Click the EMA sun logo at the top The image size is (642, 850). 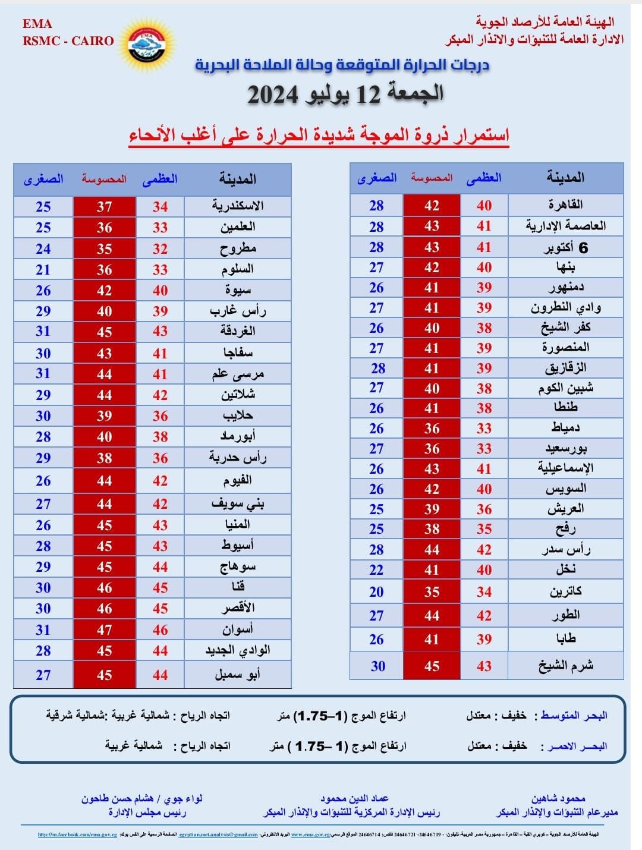pos(150,42)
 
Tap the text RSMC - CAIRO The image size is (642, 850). pos(68,41)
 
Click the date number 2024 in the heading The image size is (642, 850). pos(275,95)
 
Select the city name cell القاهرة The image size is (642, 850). pos(565,205)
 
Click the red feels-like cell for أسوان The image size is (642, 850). pos(105,630)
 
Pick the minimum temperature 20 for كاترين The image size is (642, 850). pos(376,591)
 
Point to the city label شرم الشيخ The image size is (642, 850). pos(565,666)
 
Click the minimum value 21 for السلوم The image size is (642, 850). pos(43,269)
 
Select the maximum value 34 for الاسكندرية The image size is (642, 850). pos(160,206)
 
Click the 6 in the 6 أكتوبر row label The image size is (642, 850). pos(583,248)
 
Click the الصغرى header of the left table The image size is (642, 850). pos(43,179)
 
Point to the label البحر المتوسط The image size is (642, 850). pos(573,716)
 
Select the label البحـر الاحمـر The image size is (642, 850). pos(573,746)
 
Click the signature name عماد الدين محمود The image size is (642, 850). pos(354,798)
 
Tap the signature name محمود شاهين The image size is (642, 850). pos(558,798)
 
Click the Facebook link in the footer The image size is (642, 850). pos(77,835)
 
